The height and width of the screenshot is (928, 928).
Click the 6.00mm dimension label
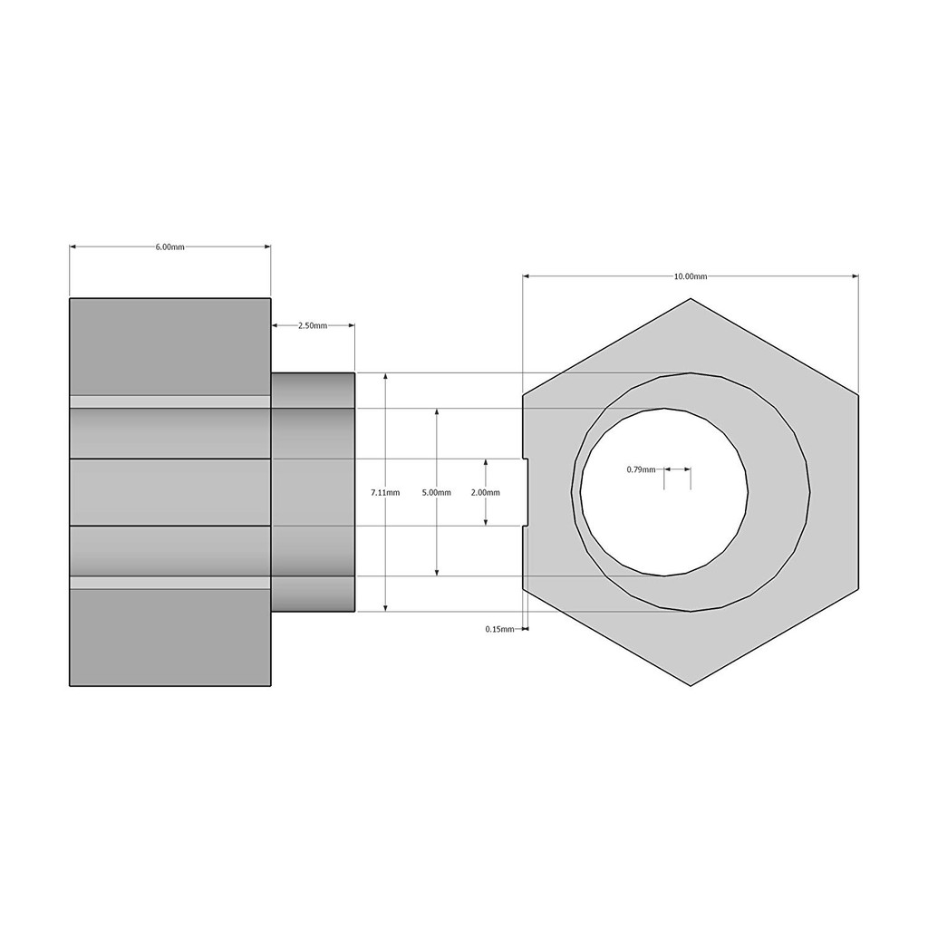click(x=170, y=246)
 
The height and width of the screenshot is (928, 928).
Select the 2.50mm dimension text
click(x=312, y=325)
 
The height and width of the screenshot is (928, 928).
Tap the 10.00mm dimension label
click(x=690, y=276)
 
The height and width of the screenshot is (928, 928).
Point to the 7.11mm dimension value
click(x=384, y=492)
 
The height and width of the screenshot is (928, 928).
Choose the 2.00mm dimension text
click(x=486, y=492)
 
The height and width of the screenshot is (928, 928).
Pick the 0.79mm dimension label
click(x=641, y=469)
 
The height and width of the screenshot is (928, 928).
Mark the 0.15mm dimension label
click(x=498, y=628)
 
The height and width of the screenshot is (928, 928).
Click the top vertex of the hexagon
click(x=691, y=299)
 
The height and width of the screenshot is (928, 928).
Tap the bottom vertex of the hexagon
click(x=691, y=685)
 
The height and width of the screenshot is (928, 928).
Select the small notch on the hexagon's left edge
click(x=526, y=492)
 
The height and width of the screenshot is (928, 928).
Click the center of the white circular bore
click(x=664, y=492)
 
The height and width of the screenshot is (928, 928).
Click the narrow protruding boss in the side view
click(x=313, y=492)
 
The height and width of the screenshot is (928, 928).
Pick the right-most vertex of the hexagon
click(x=858, y=396)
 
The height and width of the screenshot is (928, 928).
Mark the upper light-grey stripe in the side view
click(x=170, y=401)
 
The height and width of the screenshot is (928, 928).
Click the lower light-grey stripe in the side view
click(x=170, y=583)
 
